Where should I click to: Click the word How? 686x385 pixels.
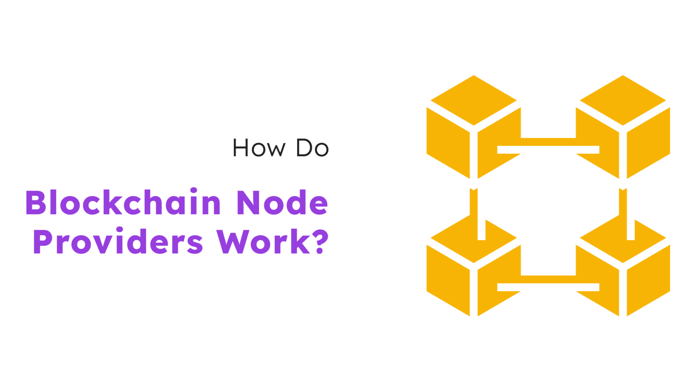coord(259,148)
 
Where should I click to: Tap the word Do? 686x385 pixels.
coord(312,148)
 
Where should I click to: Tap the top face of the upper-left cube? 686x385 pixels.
coord(474,100)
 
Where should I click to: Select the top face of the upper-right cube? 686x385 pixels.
coord(623,100)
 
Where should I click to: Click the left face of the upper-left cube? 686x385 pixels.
coord(448,143)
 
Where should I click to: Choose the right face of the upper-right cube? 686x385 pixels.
coord(648,143)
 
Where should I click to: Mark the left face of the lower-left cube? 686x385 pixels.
coord(448,280)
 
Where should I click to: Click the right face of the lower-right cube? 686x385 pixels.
coord(648,280)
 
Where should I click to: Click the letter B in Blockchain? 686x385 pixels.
coord(36,202)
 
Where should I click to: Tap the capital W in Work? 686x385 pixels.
coord(233,241)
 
